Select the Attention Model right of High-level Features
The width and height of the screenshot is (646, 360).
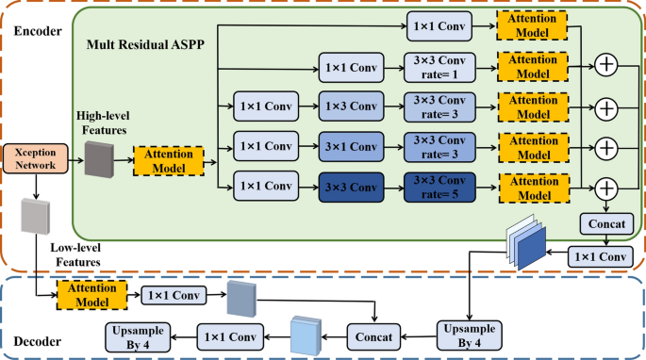point(170,160)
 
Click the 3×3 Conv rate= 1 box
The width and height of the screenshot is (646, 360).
point(437,67)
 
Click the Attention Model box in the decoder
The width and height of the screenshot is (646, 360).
point(92,294)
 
